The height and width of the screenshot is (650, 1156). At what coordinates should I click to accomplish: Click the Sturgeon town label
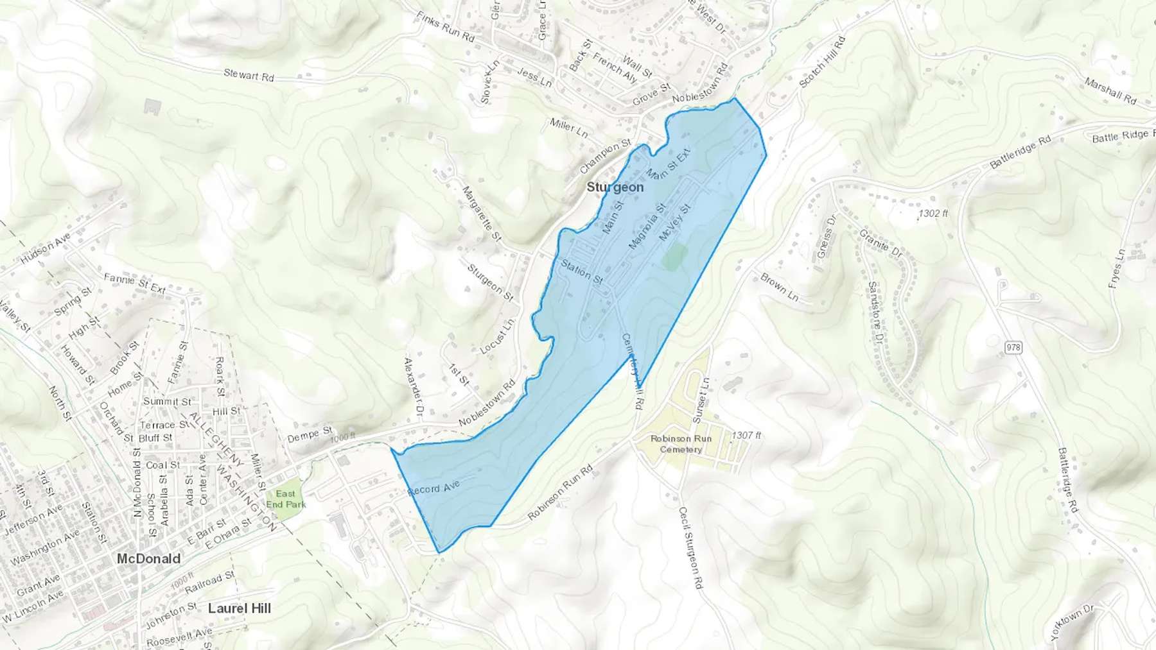coord(615,187)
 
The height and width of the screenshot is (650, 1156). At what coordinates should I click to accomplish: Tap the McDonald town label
coord(148,559)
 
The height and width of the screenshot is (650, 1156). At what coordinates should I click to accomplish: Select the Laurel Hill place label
coord(240,608)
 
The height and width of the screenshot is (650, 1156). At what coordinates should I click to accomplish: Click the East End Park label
coord(286,499)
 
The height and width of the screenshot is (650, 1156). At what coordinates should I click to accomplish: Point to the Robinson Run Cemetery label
coord(681,444)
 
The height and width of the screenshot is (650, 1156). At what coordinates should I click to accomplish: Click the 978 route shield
coord(1013,348)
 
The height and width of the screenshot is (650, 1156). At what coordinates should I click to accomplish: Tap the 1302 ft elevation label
coord(933,214)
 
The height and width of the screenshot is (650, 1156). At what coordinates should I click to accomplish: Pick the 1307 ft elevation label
coord(746,435)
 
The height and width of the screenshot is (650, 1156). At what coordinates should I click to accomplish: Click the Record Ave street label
coord(434,488)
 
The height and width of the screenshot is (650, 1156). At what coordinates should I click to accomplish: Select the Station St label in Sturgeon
coord(582,271)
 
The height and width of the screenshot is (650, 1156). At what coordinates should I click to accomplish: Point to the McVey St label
coord(674,223)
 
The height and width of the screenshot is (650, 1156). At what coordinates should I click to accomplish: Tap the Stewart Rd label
coord(249,75)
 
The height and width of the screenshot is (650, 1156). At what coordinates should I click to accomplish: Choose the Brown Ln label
coord(779,287)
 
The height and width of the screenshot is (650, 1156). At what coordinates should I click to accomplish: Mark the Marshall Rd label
coord(1110,90)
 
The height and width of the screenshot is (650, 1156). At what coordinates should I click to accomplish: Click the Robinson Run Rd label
coord(560,493)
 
